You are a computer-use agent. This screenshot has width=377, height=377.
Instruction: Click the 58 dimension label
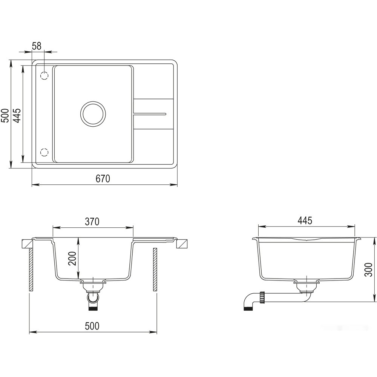(x=37, y=46)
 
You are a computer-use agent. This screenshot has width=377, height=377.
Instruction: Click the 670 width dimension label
(x=103, y=179)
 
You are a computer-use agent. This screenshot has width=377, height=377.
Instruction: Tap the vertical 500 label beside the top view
(x=5, y=115)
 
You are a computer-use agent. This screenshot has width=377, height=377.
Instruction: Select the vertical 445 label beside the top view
(x=17, y=115)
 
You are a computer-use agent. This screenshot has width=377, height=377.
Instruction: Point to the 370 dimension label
(x=92, y=222)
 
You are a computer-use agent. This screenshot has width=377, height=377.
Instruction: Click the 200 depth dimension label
(x=72, y=258)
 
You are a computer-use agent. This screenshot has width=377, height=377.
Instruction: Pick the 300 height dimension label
(x=369, y=269)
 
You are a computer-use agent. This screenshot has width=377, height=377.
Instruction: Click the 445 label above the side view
(x=305, y=221)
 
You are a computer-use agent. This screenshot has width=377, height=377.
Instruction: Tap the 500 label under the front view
(x=92, y=326)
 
